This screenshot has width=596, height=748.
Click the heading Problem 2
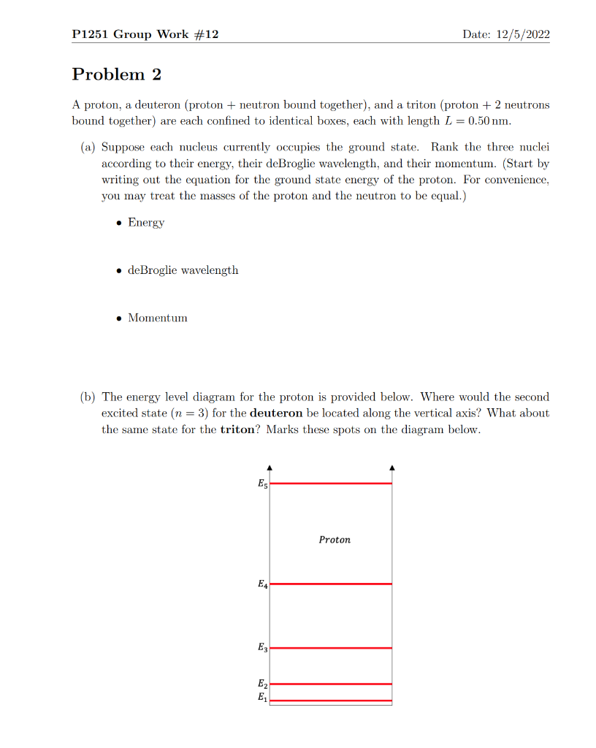point(117,75)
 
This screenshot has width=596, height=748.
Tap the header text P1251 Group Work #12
point(145,35)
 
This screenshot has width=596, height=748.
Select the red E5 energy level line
point(331,484)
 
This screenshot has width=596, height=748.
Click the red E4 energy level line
point(331,584)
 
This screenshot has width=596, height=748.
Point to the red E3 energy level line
point(331,648)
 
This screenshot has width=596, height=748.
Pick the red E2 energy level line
point(331,684)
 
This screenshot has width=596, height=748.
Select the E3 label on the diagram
point(262,648)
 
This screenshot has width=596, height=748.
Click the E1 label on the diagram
point(262,698)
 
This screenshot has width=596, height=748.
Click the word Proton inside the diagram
point(335,540)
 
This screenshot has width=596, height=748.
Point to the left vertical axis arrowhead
point(270,467)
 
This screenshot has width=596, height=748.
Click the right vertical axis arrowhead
point(392,467)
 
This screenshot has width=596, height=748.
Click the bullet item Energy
point(146,222)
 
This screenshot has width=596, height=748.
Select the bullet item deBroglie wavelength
point(183,270)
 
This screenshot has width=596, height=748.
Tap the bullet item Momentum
point(157,318)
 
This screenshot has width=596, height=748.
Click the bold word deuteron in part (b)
point(277,413)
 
